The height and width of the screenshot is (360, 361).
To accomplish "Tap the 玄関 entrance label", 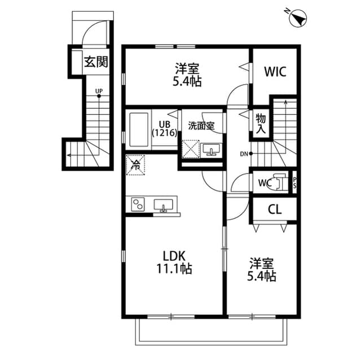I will (x=96, y=62).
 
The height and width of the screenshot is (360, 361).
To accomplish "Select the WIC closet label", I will (x=275, y=72).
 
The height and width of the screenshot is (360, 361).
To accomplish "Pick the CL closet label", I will (x=275, y=210).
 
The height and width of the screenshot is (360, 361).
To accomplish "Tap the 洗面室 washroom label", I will (x=201, y=126).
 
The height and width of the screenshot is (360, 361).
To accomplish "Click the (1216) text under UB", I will (x=165, y=133).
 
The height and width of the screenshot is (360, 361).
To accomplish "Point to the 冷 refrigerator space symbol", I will (x=135, y=165).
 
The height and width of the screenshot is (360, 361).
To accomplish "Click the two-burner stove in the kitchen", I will (x=139, y=204).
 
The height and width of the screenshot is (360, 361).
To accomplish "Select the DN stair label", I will (x=244, y=153).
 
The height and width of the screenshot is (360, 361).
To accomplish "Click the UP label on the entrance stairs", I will (x=99, y=91).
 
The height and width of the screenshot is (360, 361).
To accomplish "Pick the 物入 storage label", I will (x=261, y=123).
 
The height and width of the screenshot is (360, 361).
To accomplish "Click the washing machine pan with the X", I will (x=190, y=150).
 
